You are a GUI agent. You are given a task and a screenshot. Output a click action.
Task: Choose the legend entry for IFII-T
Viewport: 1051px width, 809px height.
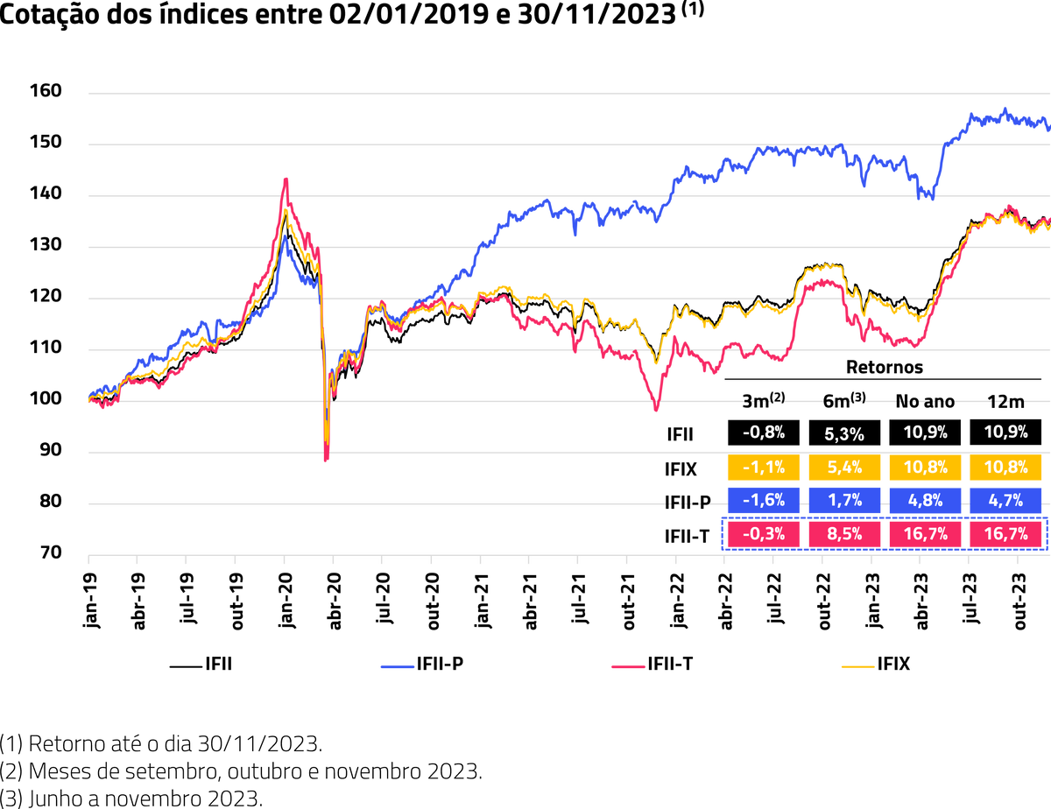652,665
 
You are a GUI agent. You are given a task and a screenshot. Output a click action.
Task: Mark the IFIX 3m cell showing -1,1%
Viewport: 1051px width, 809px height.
762,468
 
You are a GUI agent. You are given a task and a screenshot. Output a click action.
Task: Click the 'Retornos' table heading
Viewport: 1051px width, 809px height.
884,367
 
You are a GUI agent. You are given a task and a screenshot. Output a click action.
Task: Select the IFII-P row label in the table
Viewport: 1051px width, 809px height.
687,503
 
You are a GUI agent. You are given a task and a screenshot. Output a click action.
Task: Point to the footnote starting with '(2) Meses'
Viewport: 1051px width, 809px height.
241,772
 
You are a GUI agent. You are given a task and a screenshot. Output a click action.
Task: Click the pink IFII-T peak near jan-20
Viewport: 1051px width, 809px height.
286,179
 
